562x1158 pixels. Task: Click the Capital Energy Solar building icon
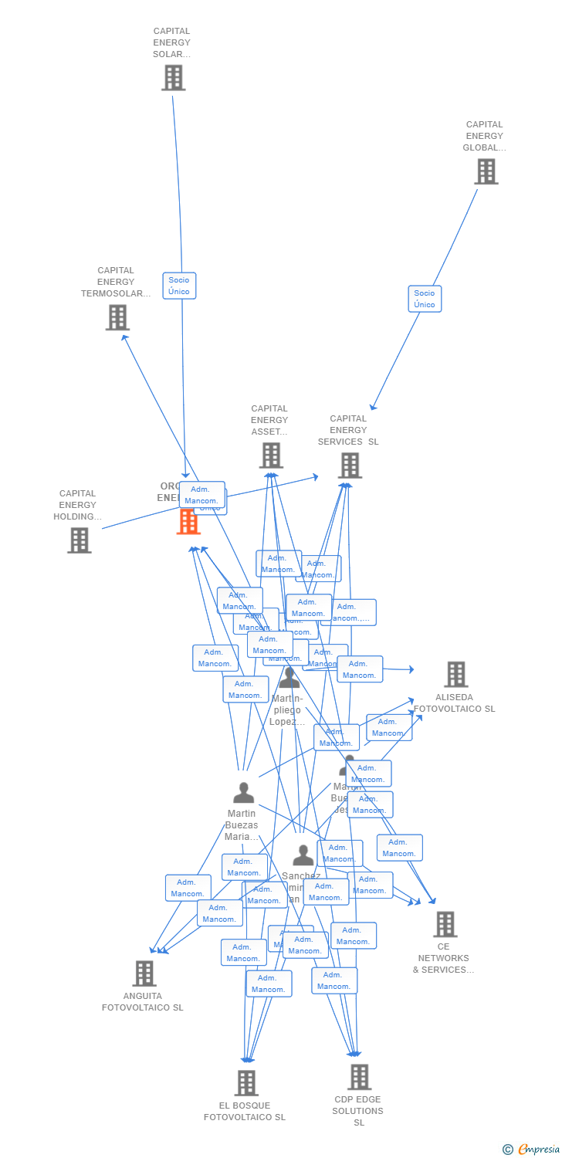coord(173,78)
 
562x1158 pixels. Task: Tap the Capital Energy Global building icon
coord(486,171)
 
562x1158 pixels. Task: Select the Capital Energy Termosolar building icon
coord(117,317)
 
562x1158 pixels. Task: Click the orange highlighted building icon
coord(188,523)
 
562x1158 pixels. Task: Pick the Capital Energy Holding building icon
coord(79,540)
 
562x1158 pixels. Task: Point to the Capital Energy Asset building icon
coord(270,455)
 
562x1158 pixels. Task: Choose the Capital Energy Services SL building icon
coord(350,466)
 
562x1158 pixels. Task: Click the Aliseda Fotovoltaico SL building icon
coord(455,674)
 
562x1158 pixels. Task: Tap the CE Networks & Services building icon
coord(445,924)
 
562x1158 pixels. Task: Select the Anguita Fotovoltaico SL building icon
coord(144,973)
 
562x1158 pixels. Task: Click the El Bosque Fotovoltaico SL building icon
coord(245,1083)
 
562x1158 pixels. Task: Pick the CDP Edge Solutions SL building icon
coord(359,1077)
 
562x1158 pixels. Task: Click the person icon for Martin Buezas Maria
coord(243,793)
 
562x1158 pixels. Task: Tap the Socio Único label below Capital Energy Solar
coord(179,286)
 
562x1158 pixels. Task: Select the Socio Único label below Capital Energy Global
coord(425,299)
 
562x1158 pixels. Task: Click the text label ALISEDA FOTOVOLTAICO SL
coord(454,703)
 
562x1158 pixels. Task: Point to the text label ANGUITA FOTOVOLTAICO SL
coord(143,1002)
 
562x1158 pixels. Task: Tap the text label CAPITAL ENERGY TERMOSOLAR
coord(116,282)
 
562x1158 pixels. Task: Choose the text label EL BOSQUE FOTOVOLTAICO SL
coord(245,1112)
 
